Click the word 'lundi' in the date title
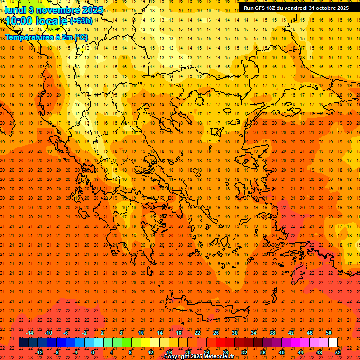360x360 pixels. (x=15, y=9)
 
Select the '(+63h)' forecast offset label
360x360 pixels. (x=81, y=21)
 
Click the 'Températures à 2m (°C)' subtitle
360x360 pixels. (x=46, y=37)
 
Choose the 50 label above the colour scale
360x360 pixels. (x=329, y=333)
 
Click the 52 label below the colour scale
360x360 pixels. (x=338, y=352)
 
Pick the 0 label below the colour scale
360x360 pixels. (x=92, y=352)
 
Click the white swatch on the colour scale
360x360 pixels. (x=333, y=343)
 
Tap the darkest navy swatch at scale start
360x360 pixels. (x=23, y=343)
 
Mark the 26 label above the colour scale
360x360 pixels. (x=216, y=333)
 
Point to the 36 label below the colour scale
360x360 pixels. (x=263, y=352)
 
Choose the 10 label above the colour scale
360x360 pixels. (x=141, y=333)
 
